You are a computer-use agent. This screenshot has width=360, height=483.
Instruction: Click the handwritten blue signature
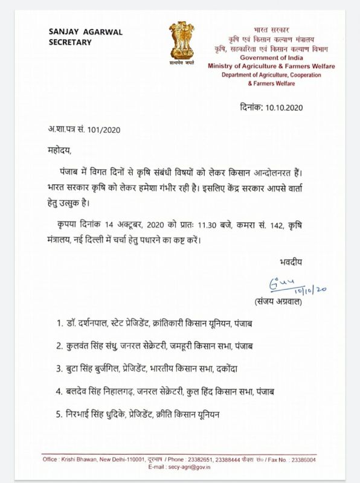coord(296,283)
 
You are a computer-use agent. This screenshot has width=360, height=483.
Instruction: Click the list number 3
coord(59,368)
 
